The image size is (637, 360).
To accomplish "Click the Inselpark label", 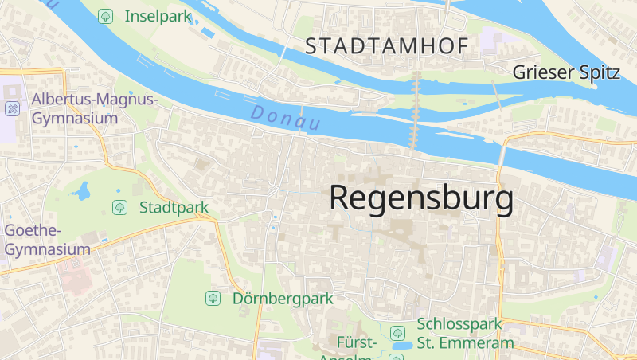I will pyautogui.click(x=158, y=16).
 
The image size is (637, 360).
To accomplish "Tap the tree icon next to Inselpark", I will pyautogui.click(x=105, y=16).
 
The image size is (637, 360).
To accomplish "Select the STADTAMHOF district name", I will pyautogui.click(x=387, y=47).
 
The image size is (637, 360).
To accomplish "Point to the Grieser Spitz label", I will pyautogui.click(x=566, y=72).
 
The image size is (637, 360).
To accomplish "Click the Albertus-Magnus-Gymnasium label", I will pyautogui.click(x=96, y=108).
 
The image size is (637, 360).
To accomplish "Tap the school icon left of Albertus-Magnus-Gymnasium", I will pyautogui.click(x=12, y=108).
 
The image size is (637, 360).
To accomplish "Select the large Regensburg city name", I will pyautogui.click(x=421, y=198).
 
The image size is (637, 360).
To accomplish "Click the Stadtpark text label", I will pyautogui.click(x=174, y=208).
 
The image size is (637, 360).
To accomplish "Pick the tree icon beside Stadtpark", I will pyautogui.click(x=119, y=208).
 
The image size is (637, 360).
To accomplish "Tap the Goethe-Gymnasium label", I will pyautogui.click(x=45, y=240).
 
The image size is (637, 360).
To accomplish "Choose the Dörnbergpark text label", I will pyautogui.click(x=283, y=299).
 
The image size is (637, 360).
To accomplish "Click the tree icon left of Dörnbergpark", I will pyautogui.click(x=213, y=299).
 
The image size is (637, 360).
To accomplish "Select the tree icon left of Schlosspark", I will pyautogui.click(x=397, y=332).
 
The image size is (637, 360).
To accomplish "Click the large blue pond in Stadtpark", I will pyautogui.click(x=82, y=191).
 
